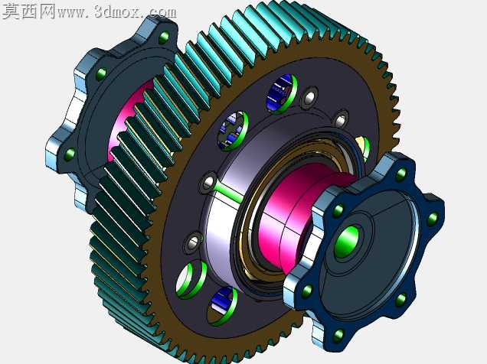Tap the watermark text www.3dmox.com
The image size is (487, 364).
(x=117, y=12)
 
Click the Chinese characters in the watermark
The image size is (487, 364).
(x=29, y=11)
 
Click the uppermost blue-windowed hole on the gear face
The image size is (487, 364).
(x=281, y=93)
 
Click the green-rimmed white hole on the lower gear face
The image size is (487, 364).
(x=191, y=280)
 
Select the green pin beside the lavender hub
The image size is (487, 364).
(x=228, y=193)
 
